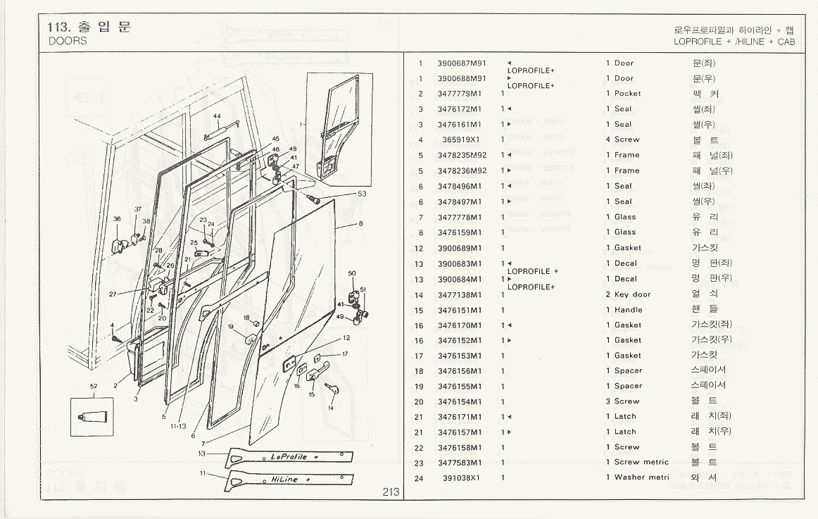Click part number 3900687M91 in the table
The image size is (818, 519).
point(461,63)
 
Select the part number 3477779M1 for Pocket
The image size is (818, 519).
point(460,94)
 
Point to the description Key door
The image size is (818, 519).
point(632,294)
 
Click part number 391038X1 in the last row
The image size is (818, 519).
point(463,478)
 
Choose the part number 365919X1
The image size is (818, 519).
point(463,139)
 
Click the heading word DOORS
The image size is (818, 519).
point(63,41)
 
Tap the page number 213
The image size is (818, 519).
point(391,493)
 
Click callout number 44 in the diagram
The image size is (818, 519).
point(217,116)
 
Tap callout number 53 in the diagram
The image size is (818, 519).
point(362,193)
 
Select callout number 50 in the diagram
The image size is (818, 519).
point(352,273)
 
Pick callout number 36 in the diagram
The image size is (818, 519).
point(117,219)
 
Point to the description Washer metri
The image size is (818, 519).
point(641,478)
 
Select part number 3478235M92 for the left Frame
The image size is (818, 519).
point(462,155)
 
